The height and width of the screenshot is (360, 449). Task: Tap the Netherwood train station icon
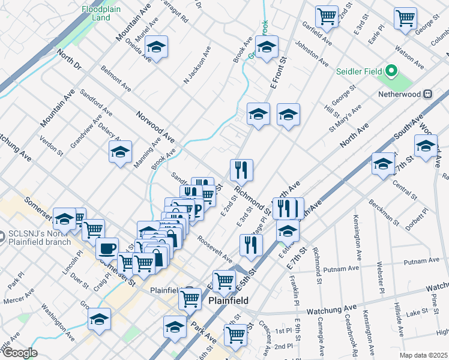coord(428,94)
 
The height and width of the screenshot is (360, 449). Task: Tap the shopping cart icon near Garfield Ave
coord(327,16)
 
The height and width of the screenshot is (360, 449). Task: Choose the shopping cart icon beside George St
coord(405,17)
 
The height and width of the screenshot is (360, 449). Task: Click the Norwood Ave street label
coord(155,127)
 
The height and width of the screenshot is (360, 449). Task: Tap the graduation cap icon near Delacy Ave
coord(120,152)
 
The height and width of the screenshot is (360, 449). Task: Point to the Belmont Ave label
coord(116,79)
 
